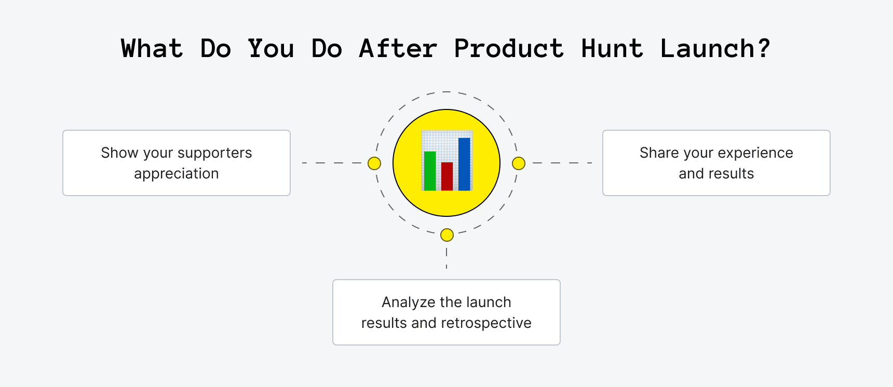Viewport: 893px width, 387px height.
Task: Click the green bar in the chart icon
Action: coord(430,171)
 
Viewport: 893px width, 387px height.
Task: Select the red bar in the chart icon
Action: coord(447,176)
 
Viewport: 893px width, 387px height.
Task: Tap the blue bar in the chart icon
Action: coord(464,164)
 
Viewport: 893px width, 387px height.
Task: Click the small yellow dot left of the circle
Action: coord(374,163)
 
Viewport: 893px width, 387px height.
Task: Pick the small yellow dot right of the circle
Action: coord(519,163)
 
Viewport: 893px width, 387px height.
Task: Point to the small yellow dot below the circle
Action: coord(447,235)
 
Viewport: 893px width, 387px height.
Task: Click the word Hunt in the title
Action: coord(612,49)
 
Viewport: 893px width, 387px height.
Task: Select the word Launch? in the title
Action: coord(715,49)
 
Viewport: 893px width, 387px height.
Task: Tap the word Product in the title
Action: coord(508,49)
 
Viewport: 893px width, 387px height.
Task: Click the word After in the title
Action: coord(398,49)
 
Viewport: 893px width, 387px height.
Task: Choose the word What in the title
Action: coord(152,49)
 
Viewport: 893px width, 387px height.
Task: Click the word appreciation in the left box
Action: coord(177,174)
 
